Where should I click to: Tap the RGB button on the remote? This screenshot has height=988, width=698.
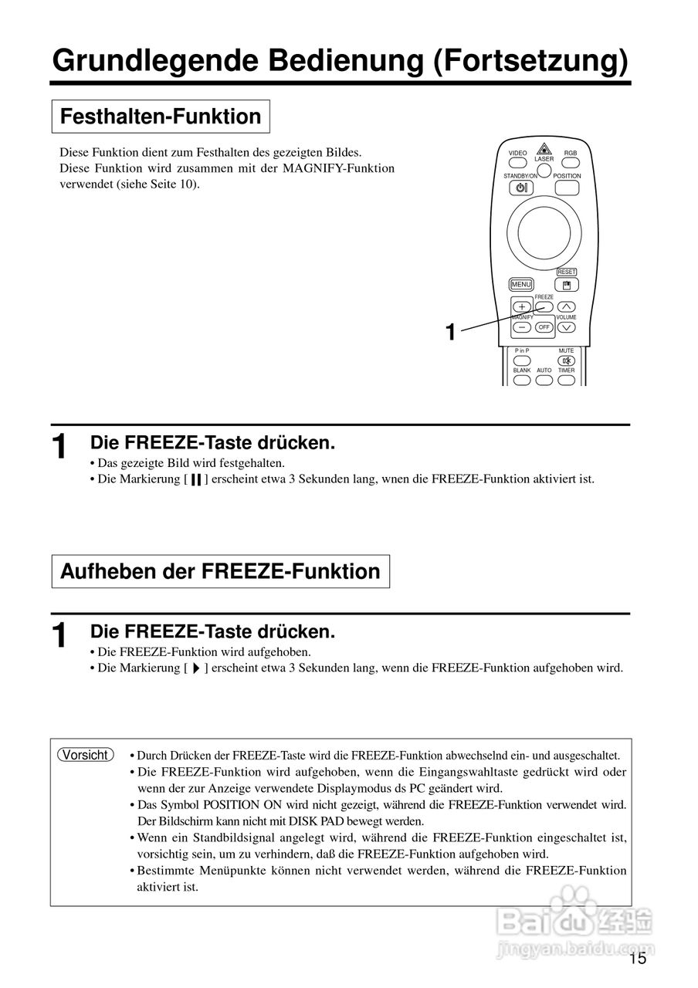pos(570,164)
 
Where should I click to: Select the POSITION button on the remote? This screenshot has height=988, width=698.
pos(567,188)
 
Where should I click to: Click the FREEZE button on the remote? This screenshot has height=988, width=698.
pos(544,306)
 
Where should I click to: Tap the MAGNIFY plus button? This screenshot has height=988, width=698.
pos(522,306)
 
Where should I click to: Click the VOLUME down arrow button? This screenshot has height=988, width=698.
pos(567,327)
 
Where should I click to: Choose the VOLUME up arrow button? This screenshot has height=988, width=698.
pos(567,306)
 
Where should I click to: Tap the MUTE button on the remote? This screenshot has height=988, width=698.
pos(567,360)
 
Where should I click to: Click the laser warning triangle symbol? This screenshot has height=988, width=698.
pos(544,149)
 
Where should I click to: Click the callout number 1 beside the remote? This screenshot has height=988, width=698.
pos(450,333)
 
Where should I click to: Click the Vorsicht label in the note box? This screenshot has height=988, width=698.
pos(86,755)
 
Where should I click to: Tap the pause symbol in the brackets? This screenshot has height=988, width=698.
pos(196,479)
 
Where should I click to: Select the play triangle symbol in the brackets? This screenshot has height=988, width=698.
pos(196,668)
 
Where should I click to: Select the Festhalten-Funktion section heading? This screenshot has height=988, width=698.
pos(161,117)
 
